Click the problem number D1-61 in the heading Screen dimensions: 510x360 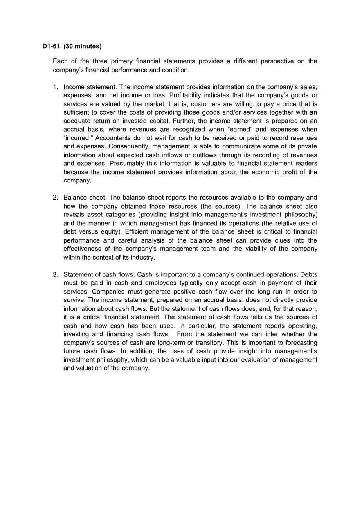(52, 46)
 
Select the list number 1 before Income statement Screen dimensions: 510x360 (55, 87)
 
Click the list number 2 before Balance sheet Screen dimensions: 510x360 (55, 198)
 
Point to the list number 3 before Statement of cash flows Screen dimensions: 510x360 (55, 274)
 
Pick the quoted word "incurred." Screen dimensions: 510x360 (78, 138)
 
